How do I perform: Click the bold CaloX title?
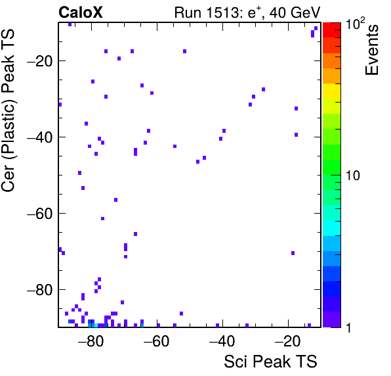[x=81, y=12]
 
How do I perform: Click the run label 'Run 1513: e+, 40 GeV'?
[x=247, y=12]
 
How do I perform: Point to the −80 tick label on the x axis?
[x=91, y=341]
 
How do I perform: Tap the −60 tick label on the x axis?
[x=156, y=341]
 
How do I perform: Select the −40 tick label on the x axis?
[x=222, y=341]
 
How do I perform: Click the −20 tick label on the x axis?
[x=287, y=341]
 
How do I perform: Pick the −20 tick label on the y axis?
[x=39, y=60]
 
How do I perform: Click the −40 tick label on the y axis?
[x=39, y=137]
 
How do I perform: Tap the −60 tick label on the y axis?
[x=39, y=214]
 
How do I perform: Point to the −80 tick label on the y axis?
[x=39, y=289]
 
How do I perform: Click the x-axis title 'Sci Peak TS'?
[x=270, y=362]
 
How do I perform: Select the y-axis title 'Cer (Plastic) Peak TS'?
[x=8, y=110]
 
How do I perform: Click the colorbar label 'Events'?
[x=371, y=50]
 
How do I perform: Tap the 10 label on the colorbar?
[x=353, y=176]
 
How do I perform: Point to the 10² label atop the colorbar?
[x=356, y=24]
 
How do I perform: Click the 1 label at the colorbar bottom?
[x=349, y=327]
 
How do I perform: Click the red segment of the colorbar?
[x=332, y=30]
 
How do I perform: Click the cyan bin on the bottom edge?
[x=96, y=325]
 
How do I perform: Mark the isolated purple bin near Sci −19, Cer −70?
[x=293, y=253]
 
